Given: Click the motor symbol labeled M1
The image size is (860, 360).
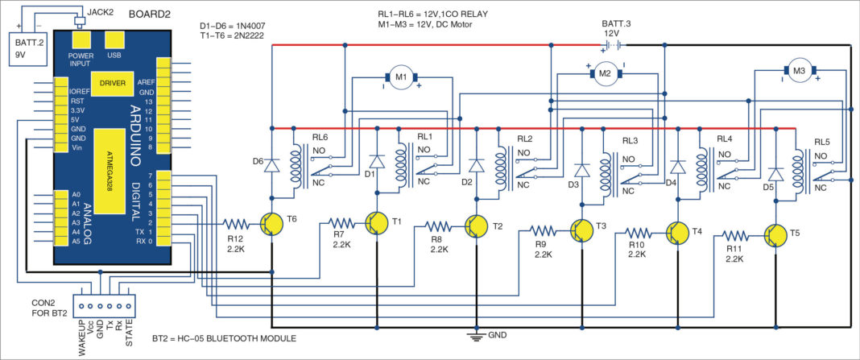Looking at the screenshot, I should coord(401,76).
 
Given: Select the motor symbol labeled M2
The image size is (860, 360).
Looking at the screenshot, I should coord(606,74).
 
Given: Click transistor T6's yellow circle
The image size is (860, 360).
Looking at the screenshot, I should coord(273,224).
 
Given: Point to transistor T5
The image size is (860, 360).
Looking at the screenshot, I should coord(775,235).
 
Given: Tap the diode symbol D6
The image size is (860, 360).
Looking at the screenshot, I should coord(272,165).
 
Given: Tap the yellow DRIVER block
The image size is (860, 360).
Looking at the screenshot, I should coord(112,83).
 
